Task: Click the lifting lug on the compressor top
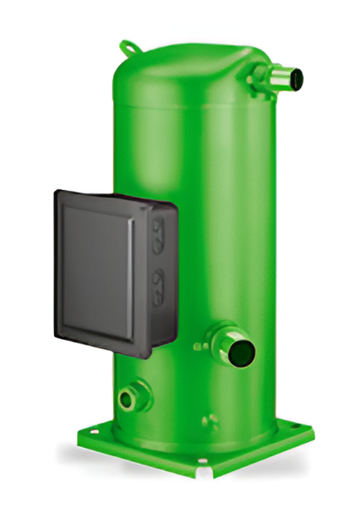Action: coord(126,46)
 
